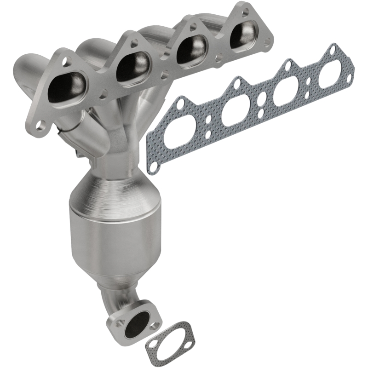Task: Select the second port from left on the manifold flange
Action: [x=133, y=64]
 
